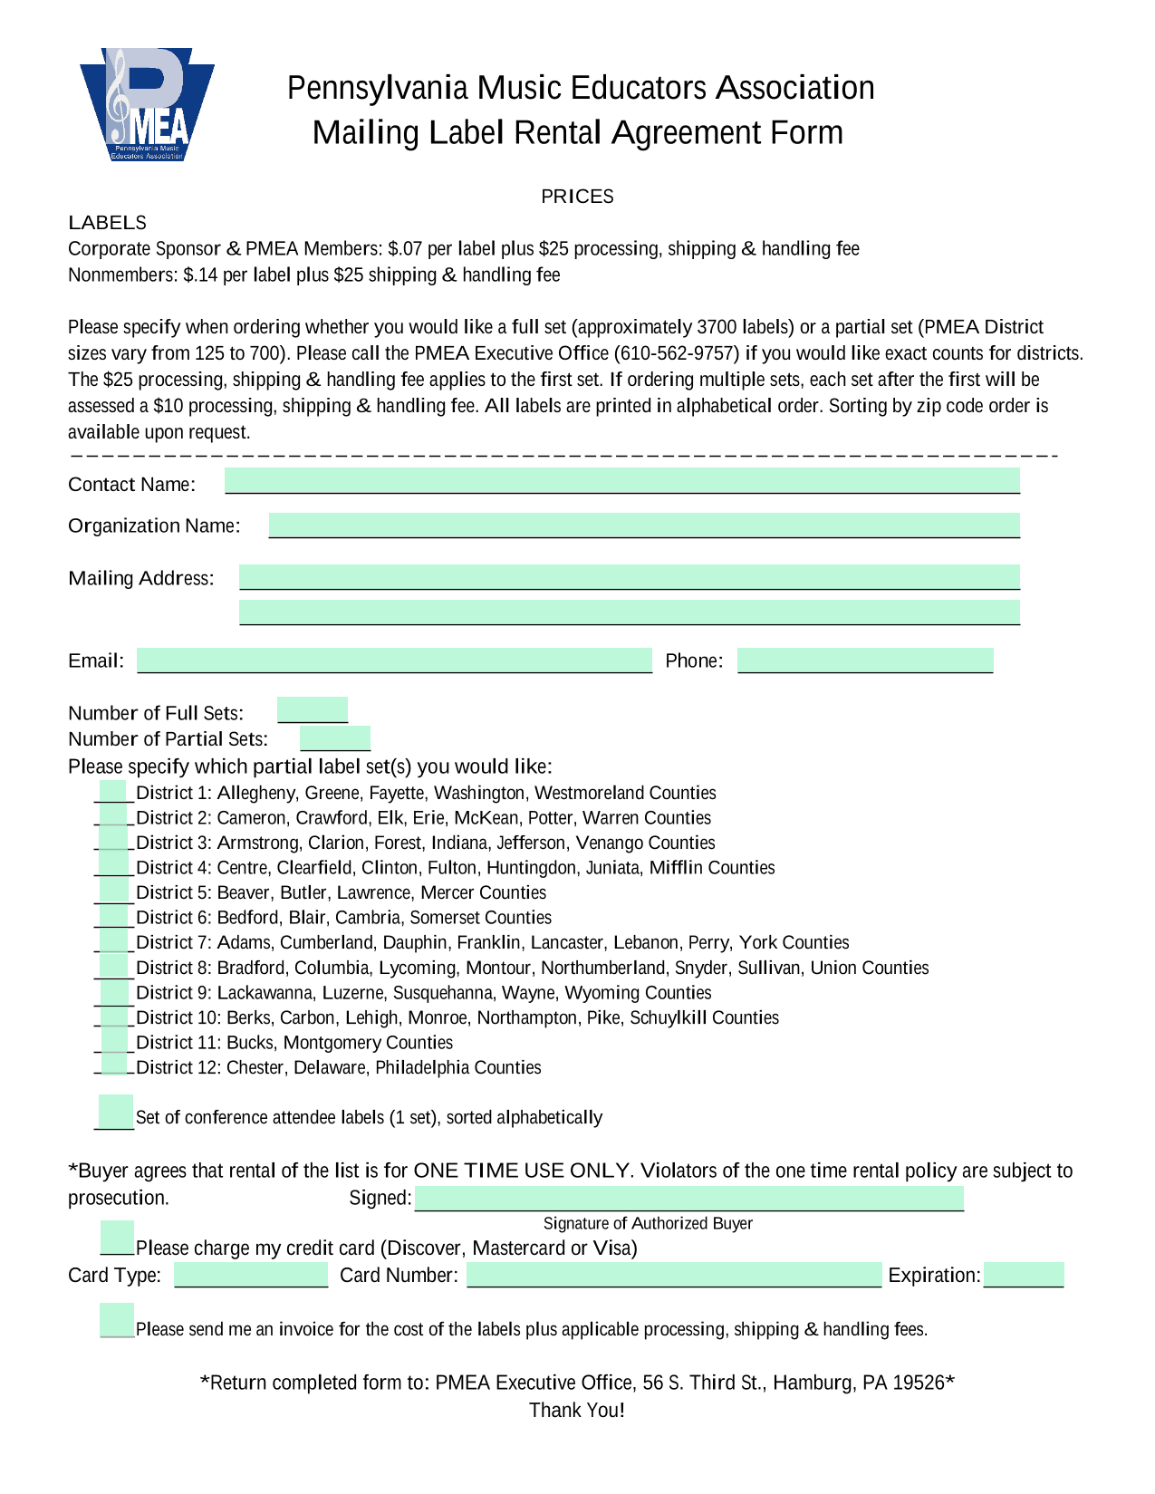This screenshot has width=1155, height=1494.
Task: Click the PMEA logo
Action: coord(147,105)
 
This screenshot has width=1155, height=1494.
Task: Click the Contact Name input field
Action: coord(621,481)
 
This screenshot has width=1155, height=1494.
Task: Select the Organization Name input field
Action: coord(643,525)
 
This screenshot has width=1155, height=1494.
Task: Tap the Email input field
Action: coord(394,660)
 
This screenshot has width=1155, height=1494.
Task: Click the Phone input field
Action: coord(864,660)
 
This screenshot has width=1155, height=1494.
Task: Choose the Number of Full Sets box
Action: coord(312,710)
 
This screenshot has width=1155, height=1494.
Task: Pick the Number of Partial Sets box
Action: coord(334,738)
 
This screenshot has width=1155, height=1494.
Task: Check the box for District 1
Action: coord(114,792)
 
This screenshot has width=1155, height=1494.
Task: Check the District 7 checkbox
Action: coord(114,941)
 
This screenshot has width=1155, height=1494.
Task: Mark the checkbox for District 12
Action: coord(114,1065)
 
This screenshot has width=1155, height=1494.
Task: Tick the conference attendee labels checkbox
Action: coord(115,1112)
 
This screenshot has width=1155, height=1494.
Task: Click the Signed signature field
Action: coord(688,1199)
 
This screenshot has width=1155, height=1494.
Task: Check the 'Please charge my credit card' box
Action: coord(117,1239)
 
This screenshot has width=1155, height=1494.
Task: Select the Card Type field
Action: coord(250,1275)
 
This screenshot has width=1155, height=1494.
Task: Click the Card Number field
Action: coord(673,1275)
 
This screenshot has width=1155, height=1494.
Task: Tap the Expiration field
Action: coord(1023,1275)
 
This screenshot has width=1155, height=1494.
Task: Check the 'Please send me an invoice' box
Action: coord(117,1321)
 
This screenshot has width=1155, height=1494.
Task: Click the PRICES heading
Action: coord(577,197)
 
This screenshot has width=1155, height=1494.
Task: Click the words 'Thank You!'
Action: coord(577,1410)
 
